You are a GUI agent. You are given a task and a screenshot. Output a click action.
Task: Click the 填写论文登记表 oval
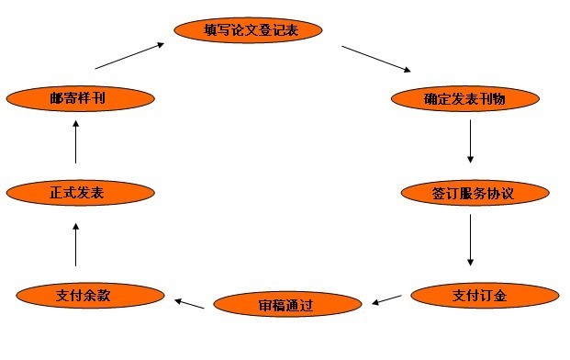(250, 29)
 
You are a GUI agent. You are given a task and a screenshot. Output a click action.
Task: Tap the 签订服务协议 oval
(475, 194)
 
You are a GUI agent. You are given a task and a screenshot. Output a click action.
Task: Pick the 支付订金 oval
(484, 296)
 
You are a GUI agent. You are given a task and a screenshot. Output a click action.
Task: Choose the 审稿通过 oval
(286, 303)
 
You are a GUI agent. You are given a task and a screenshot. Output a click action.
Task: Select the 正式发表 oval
(77, 193)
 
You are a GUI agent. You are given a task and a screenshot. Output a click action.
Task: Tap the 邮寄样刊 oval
(77, 97)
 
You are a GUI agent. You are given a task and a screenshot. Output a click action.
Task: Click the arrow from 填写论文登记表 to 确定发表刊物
(375, 57)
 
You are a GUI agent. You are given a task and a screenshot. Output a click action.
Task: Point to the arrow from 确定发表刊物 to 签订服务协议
(471, 141)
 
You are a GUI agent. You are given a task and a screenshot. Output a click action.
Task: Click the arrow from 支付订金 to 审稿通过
(387, 298)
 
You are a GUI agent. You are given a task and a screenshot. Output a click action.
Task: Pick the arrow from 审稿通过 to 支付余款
(190, 302)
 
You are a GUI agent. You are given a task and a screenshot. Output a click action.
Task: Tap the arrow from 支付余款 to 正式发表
(76, 245)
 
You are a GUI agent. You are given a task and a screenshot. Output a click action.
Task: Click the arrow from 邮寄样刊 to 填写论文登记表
(131, 56)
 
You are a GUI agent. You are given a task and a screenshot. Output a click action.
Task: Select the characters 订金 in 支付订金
(497, 296)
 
